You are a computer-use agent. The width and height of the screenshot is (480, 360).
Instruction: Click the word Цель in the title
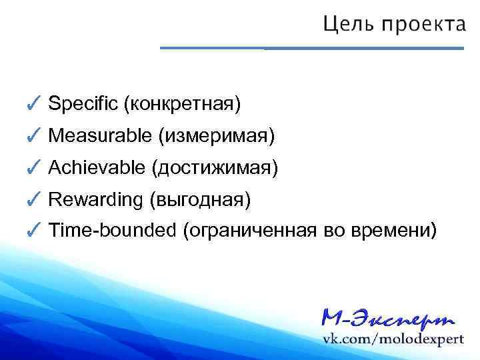tap(348, 25)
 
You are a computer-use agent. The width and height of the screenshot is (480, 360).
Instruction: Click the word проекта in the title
tap(423, 26)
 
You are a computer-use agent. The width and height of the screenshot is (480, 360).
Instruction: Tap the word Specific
tap(83, 104)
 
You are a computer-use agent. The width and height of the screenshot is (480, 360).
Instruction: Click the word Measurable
tap(101, 136)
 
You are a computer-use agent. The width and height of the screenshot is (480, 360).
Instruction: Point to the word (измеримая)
tap(216, 136)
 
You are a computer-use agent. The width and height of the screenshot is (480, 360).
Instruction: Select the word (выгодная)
tap(200, 199)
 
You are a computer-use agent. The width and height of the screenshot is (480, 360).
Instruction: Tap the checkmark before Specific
tap(35, 103)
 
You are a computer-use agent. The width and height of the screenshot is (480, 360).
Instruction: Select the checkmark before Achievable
tap(35, 167)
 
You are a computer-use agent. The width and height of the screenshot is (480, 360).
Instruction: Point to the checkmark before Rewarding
tap(35, 198)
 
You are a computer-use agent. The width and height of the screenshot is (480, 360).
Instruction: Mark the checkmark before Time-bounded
tap(35, 230)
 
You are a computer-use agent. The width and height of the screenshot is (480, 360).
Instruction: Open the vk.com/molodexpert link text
tap(393, 339)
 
